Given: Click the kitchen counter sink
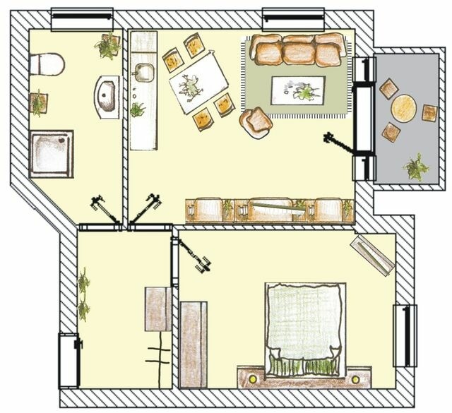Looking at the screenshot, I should (145, 72).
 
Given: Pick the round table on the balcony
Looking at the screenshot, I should (404, 109).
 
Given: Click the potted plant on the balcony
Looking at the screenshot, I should (415, 167).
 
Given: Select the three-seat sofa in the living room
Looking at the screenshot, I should (297, 50).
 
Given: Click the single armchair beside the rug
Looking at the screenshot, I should (256, 121).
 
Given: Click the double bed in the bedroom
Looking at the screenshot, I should (305, 328).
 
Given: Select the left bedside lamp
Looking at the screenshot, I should (252, 379).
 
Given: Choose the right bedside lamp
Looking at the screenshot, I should (355, 379).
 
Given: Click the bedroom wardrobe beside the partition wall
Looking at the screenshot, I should (193, 344).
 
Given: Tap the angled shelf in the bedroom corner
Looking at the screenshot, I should (372, 254).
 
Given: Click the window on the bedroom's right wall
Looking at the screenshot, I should (405, 335).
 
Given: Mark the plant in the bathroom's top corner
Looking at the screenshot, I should (108, 47).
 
